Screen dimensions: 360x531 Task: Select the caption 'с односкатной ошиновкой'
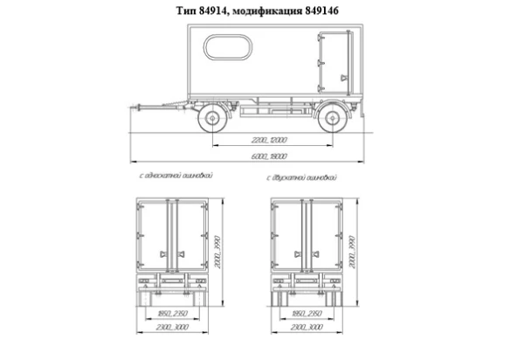[176, 177]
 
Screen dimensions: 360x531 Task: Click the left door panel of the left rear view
[155, 232]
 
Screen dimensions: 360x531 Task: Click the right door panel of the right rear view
[321, 232]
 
